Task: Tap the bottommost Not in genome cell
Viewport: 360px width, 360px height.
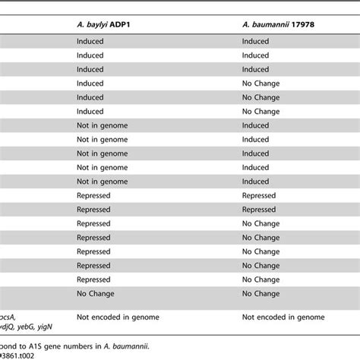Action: pyautogui.click(x=101, y=181)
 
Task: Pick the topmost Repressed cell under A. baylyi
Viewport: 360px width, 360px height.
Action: pyautogui.click(x=94, y=195)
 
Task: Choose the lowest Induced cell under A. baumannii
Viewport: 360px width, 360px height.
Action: pyautogui.click(x=255, y=181)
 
